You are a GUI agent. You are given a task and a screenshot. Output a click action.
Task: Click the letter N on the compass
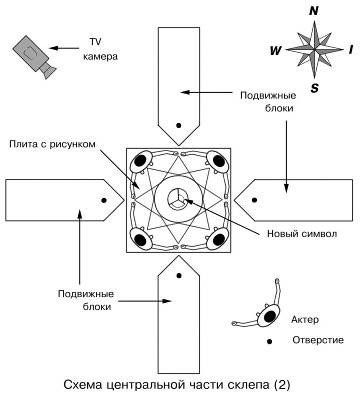tap(314, 12)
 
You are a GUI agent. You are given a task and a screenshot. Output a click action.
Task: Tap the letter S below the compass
tap(314, 87)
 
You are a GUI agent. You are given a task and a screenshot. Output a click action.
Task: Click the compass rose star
tap(314, 48)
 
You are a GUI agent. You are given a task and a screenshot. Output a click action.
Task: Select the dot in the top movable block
tap(178, 125)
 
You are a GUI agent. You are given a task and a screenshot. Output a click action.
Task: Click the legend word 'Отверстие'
tap(318, 341)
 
